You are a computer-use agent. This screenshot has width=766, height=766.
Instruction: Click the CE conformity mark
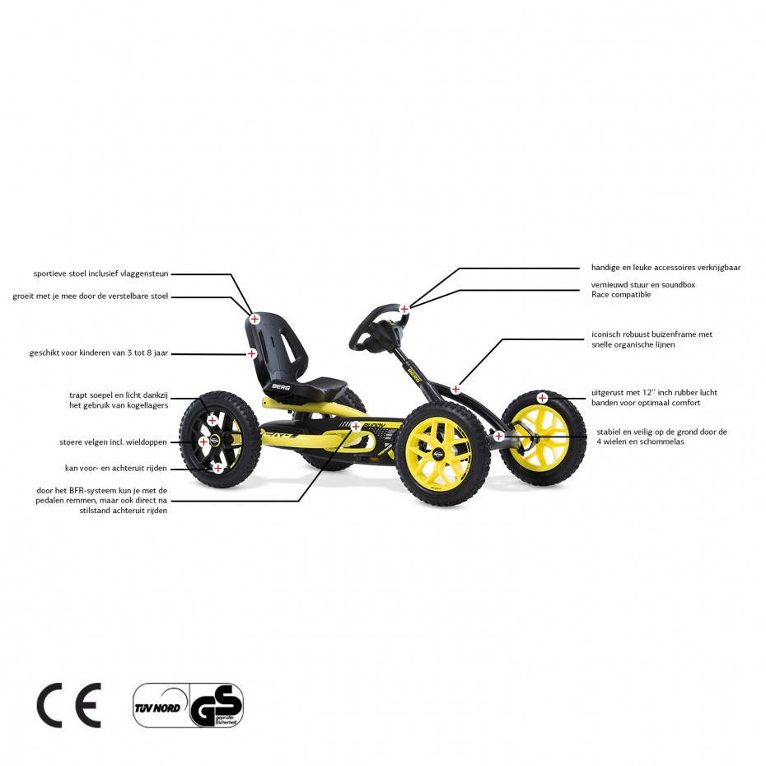coord(69,705)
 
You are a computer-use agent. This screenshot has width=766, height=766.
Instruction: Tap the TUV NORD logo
coord(157,708)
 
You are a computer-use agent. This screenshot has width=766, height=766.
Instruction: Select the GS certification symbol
coord(217,705)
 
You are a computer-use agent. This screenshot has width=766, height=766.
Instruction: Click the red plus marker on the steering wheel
coord(404,309)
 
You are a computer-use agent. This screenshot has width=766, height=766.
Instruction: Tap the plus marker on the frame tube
coord(455,390)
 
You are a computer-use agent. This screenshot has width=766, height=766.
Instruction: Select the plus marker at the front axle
coord(498,436)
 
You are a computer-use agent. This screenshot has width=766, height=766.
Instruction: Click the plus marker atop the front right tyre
coord(542,398)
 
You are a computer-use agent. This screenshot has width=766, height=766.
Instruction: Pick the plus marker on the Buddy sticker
coord(356,427)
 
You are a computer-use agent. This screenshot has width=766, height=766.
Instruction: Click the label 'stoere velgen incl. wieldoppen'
coord(114,442)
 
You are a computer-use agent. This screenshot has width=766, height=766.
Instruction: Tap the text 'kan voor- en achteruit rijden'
coord(116,468)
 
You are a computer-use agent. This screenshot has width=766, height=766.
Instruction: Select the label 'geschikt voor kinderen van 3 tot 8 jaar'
coord(99,353)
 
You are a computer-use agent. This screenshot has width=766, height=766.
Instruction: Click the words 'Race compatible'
coord(621,295)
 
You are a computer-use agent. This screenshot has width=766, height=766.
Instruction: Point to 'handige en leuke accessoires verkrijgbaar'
coord(666,268)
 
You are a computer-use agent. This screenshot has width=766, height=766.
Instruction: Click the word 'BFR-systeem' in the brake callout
coord(93,490)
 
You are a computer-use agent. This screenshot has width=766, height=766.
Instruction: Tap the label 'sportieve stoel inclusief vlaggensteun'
coord(100,273)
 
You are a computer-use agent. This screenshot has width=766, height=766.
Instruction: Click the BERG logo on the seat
coord(281,387)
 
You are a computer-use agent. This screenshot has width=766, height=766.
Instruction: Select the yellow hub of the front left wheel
coord(437,452)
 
